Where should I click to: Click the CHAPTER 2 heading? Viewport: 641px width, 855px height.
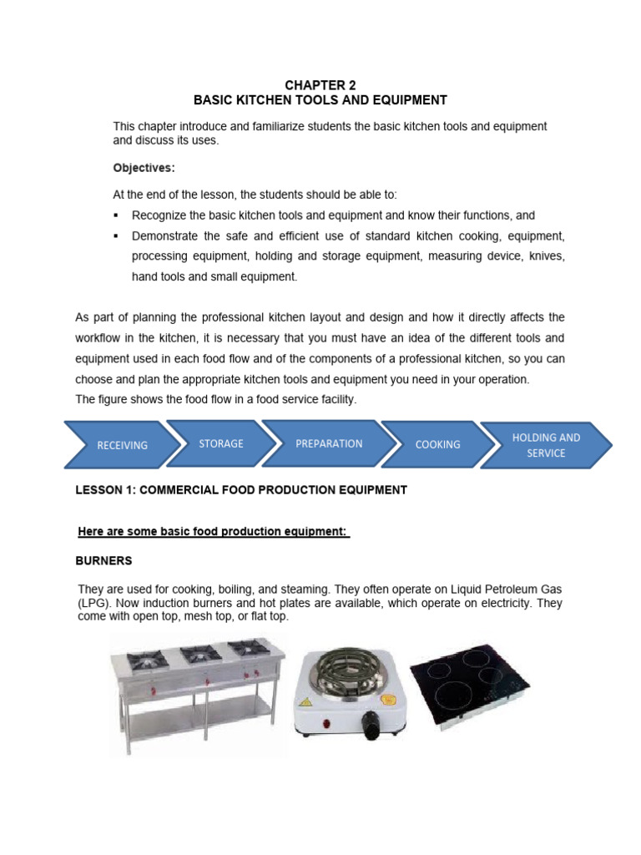click(x=320, y=84)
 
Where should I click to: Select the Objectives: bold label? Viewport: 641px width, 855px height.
click(x=144, y=167)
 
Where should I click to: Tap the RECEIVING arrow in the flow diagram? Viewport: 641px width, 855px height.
click(x=122, y=445)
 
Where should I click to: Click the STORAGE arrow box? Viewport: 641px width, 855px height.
click(x=221, y=443)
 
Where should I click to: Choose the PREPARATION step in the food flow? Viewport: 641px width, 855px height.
click(x=329, y=443)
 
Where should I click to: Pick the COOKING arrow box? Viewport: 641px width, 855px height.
click(x=437, y=444)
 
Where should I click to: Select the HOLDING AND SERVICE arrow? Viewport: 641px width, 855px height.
click(x=546, y=445)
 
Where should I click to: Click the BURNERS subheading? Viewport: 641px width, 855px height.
click(x=104, y=559)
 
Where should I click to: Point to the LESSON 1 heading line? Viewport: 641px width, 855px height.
click(x=241, y=490)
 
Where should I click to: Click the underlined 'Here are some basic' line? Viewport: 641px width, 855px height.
click(x=213, y=532)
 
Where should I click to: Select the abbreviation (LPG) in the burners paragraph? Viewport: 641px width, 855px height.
click(x=93, y=602)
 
